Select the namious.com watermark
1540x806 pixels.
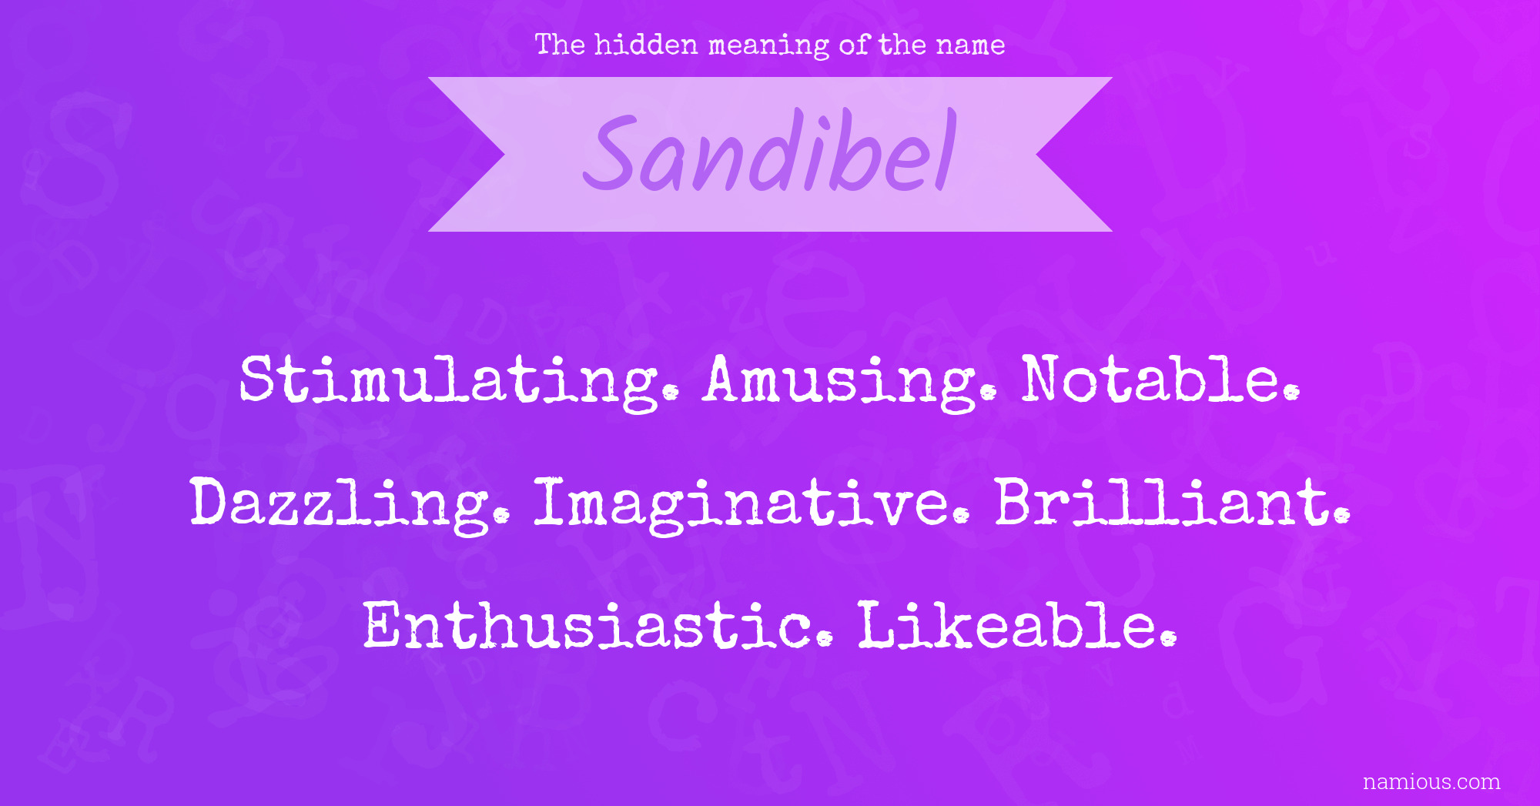[1431, 782]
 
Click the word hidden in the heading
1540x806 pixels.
[646, 45]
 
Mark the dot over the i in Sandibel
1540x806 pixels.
[825, 126]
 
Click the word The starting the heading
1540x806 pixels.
[560, 45]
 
